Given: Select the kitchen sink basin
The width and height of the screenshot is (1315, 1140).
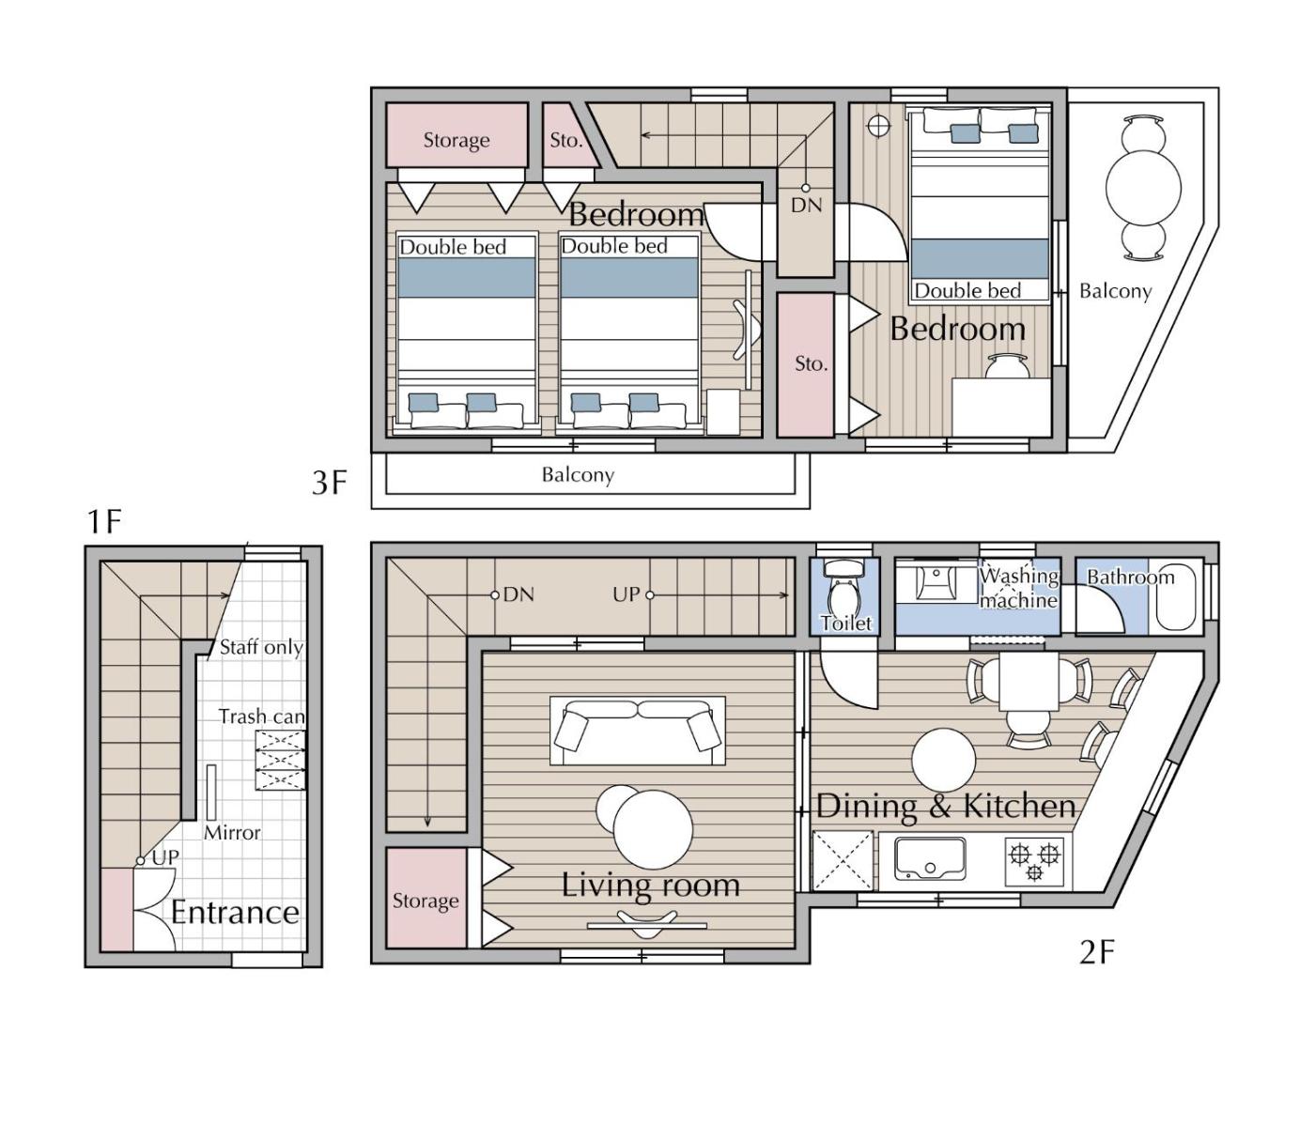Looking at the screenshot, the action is pos(930,859).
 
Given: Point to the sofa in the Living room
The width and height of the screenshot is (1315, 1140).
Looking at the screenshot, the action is pos(638,730).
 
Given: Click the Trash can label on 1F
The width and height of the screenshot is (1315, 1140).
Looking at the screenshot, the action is pos(262,716).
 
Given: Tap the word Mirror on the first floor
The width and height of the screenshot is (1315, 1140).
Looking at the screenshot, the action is pos(232,833).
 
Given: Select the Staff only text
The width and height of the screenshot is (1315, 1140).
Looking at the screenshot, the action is pos(261,648).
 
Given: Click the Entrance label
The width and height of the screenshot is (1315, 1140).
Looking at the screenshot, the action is pos(236,912).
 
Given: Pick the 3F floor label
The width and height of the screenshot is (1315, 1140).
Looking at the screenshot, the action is pos(330,483).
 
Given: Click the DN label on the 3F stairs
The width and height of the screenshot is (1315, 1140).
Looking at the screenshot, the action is pos(807,206).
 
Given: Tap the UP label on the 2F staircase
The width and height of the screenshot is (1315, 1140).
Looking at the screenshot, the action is pos(626,594).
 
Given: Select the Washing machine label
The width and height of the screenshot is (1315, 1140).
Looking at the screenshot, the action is pos(1019,588).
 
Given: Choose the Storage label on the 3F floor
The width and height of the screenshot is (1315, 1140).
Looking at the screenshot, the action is pos(456,141).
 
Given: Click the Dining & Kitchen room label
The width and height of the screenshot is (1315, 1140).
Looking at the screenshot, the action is pos(945,806).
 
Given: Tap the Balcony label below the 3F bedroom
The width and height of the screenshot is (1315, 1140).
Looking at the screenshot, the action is pos(578,475).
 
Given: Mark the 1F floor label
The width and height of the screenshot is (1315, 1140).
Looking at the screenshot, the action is pos(104,522).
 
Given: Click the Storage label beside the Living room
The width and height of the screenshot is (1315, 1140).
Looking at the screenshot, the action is pos(425,901).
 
